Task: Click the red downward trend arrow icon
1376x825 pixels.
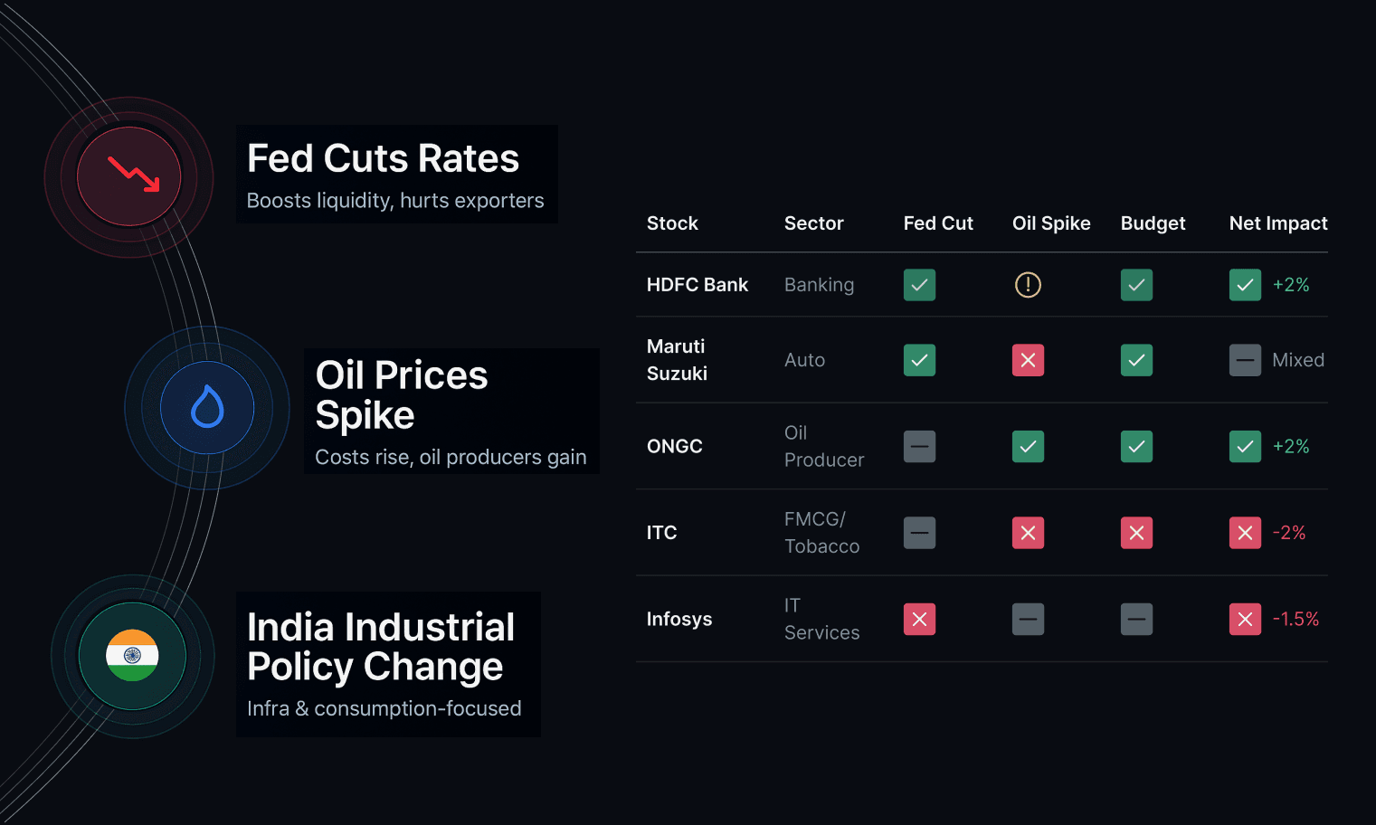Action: tap(133, 175)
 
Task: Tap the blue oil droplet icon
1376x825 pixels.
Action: tap(207, 407)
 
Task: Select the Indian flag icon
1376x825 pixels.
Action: tap(132, 656)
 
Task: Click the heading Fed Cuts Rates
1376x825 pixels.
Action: tap(383, 158)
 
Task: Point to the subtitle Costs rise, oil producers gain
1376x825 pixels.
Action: tap(451, 457)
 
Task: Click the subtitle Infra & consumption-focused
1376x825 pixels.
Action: tap(384, 708)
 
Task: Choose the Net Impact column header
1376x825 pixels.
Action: tap(1277, 223)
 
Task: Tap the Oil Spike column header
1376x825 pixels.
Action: tap(1050, 223)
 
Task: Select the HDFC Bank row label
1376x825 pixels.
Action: tap(697, 285)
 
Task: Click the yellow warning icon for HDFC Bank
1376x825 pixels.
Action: tap(1028, 285)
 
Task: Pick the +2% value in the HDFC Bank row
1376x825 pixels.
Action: tap(1291, 285)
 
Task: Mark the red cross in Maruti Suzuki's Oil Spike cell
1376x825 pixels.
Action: tap(1028, 360)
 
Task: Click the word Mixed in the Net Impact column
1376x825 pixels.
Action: tap(1297, 360)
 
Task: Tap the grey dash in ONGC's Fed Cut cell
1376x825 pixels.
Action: tap(919, 447)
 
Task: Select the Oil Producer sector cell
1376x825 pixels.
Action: tap(823, 447)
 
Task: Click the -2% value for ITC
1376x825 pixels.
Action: tap(1289, 533)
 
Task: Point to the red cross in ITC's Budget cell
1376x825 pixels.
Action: tap(1136, 533)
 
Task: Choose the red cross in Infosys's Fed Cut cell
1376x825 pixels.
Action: tap(919, 620)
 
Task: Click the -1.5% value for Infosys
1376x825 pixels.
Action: tap(1295, 620)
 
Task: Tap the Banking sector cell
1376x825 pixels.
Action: tap(819, 285)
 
